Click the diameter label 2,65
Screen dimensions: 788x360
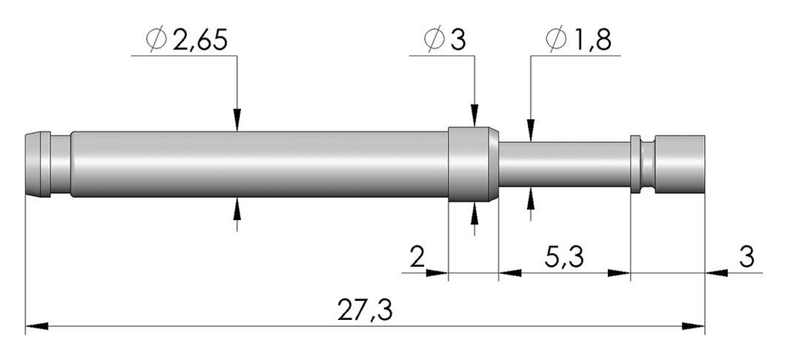tap(200, 40)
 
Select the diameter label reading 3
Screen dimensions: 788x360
tap(458, 40)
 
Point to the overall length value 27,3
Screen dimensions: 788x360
tap(364, 312)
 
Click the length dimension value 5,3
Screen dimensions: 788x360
tap(564, 258)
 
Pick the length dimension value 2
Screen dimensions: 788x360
tap(416, 258)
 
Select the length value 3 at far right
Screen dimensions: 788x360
tap(746, 258)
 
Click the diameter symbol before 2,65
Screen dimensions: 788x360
tap(156, 40)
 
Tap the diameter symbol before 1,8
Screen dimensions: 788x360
tap(556, 40)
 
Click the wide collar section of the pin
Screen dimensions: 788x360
tap(473, 164)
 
